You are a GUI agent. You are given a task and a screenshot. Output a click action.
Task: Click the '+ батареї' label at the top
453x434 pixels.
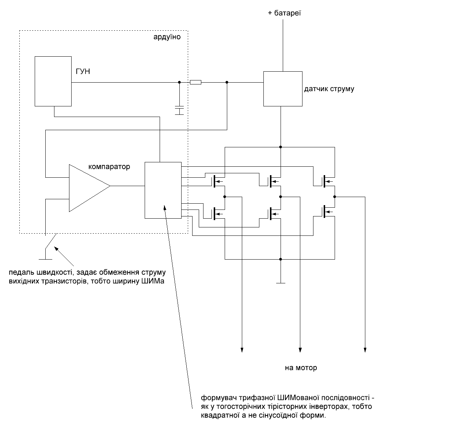(284, 14)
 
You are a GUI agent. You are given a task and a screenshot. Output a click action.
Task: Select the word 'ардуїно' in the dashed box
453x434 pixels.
(167, 37)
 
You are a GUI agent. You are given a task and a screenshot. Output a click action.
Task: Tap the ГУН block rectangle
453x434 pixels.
(53, 81)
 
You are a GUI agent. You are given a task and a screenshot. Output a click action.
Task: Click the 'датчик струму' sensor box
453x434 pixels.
(283, 89)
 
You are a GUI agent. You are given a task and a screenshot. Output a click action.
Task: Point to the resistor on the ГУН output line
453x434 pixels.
(196, 83)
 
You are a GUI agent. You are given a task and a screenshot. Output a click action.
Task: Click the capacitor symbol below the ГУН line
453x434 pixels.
(179, 110)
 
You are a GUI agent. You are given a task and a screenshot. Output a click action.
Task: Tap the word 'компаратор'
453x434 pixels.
(109, 167)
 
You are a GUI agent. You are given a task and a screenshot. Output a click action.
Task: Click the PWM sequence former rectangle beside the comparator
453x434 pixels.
(163, 190)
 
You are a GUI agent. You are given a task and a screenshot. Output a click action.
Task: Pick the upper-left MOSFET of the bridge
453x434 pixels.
(218, 181)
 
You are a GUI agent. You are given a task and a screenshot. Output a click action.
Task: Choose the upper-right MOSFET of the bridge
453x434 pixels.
(328, 181)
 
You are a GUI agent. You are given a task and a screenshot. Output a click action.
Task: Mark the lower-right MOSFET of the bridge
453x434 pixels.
(328, 211)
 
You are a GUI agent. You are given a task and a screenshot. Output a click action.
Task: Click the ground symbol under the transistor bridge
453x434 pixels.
(281, 283)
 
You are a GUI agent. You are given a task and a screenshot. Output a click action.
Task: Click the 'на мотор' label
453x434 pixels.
(301, 368)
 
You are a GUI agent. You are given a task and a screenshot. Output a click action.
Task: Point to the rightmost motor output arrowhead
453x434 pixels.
(365, 350)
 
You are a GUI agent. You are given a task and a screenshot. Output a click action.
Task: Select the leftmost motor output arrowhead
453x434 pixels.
(241, 350)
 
